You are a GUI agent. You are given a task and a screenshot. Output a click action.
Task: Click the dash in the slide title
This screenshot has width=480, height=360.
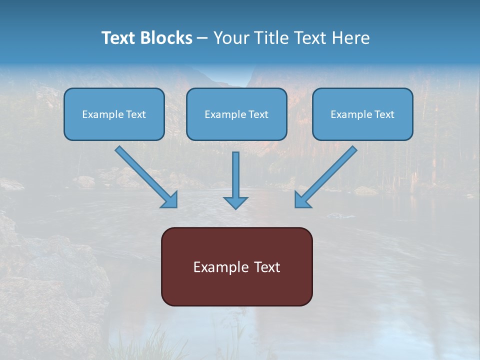[202, 38]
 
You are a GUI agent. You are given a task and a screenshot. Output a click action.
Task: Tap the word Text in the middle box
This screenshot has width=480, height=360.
[258, 114]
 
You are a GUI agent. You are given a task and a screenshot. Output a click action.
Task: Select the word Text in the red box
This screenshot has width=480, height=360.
[267, 267]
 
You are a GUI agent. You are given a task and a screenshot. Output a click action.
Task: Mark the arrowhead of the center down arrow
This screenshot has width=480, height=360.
[235, 202]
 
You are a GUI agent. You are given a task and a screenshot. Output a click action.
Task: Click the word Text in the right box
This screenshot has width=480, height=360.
[384, 114]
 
